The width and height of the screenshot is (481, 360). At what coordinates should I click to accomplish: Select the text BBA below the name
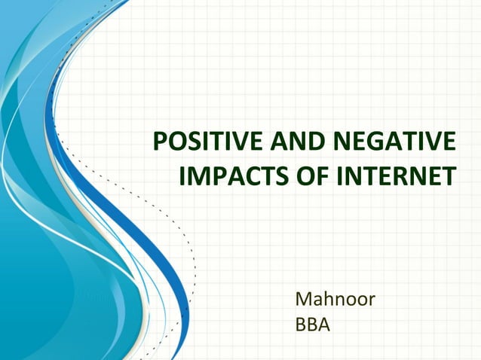point(313,327)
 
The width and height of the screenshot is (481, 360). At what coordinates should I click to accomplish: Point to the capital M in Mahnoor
point(304,301)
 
